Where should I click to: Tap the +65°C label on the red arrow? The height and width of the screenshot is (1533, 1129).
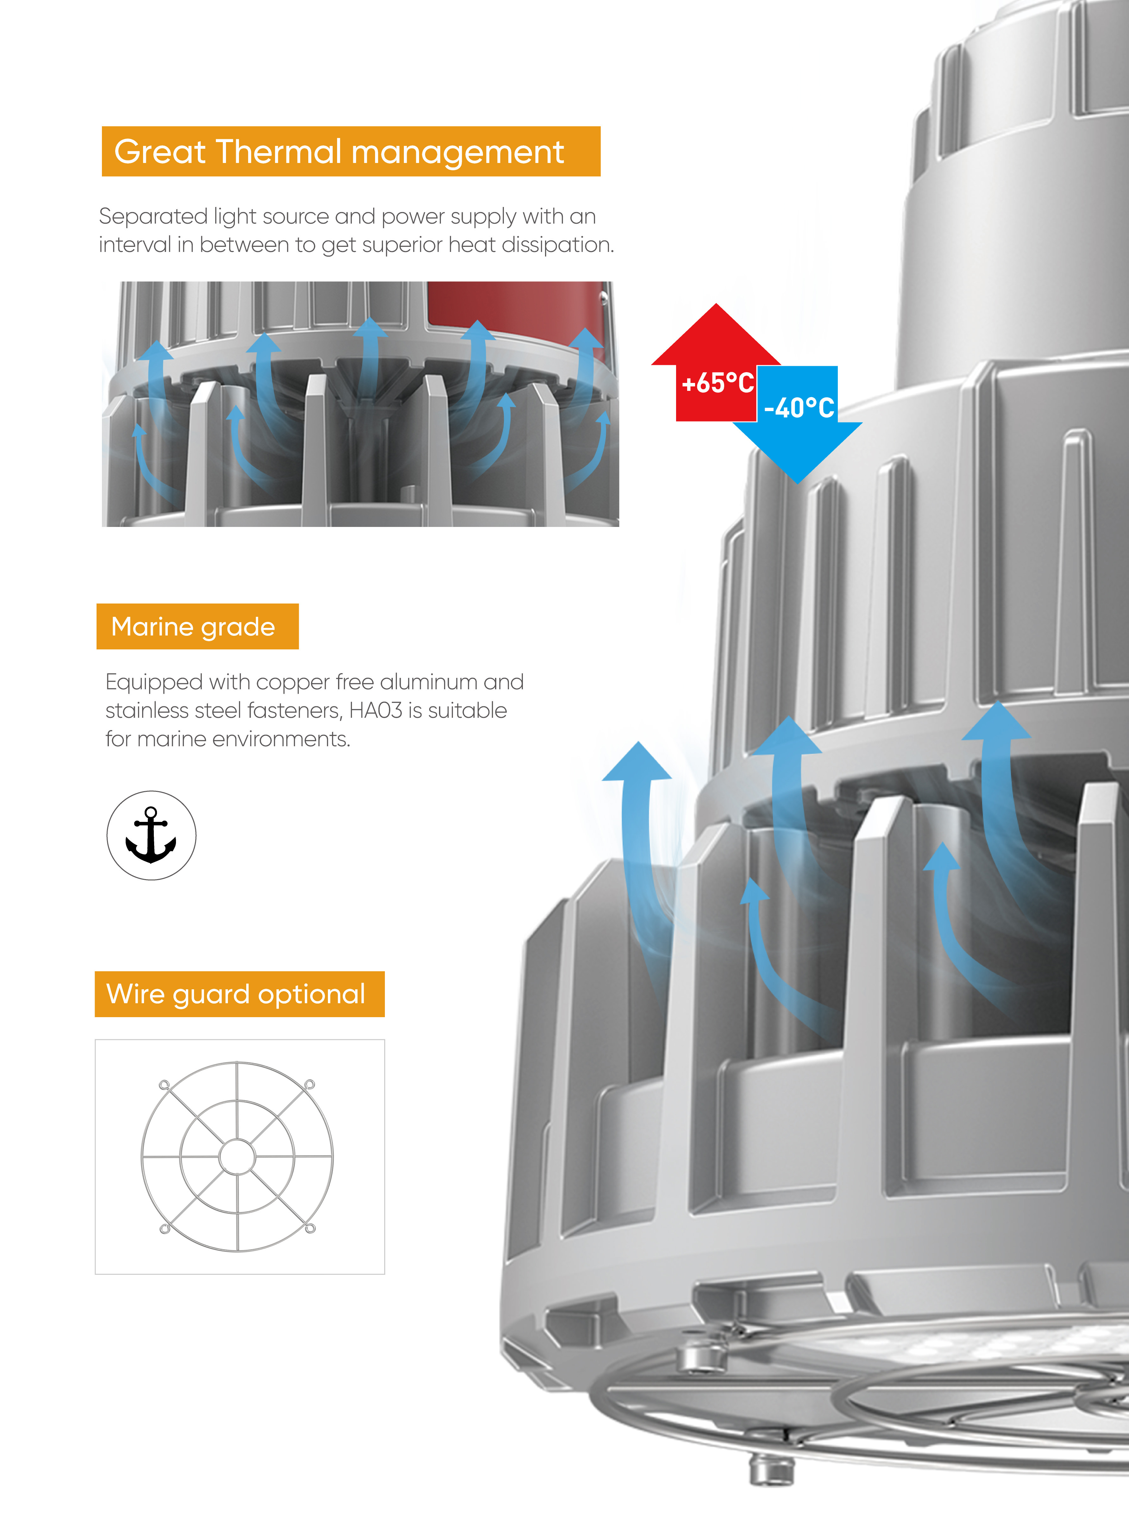click(718, 383)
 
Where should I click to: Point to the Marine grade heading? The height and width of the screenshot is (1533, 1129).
click(193, 626)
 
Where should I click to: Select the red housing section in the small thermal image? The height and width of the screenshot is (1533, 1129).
click(512, 307)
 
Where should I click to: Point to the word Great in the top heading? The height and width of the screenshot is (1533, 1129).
click(160, 152)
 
